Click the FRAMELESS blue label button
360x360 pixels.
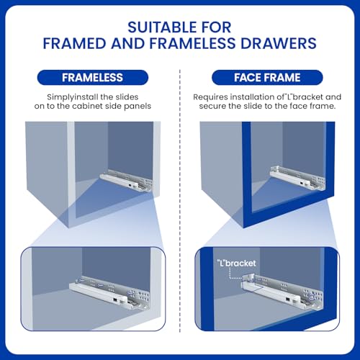[x=92, y=77]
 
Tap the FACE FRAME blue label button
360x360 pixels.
[x=267, y=77]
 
